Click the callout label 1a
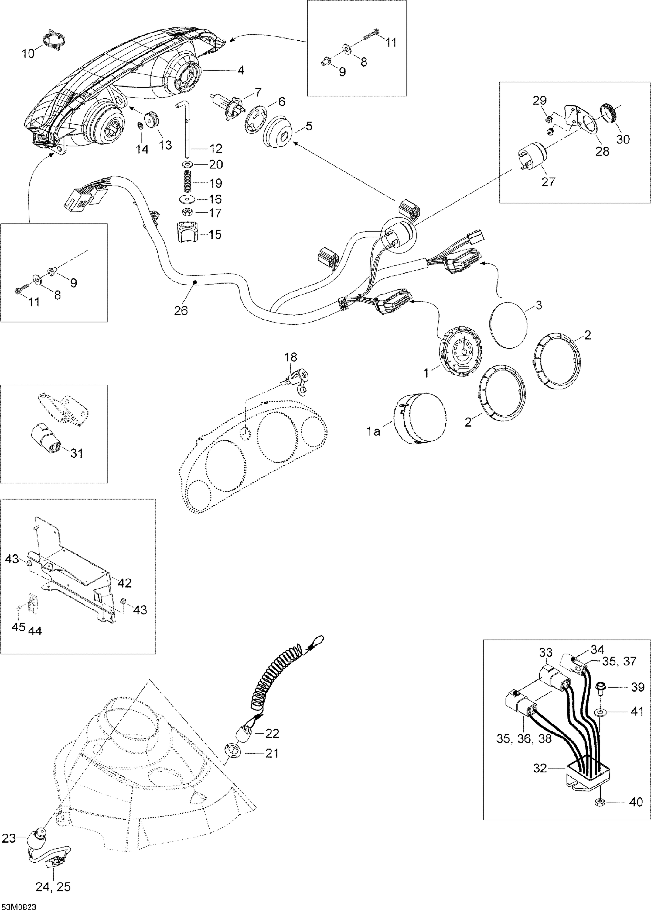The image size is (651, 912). pyautogui.click(x=373, y=432)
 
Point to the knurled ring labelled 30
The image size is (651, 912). pyautogui.click(x=610, y=114)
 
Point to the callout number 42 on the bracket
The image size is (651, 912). pyautogui.click(x=124, y=582)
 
